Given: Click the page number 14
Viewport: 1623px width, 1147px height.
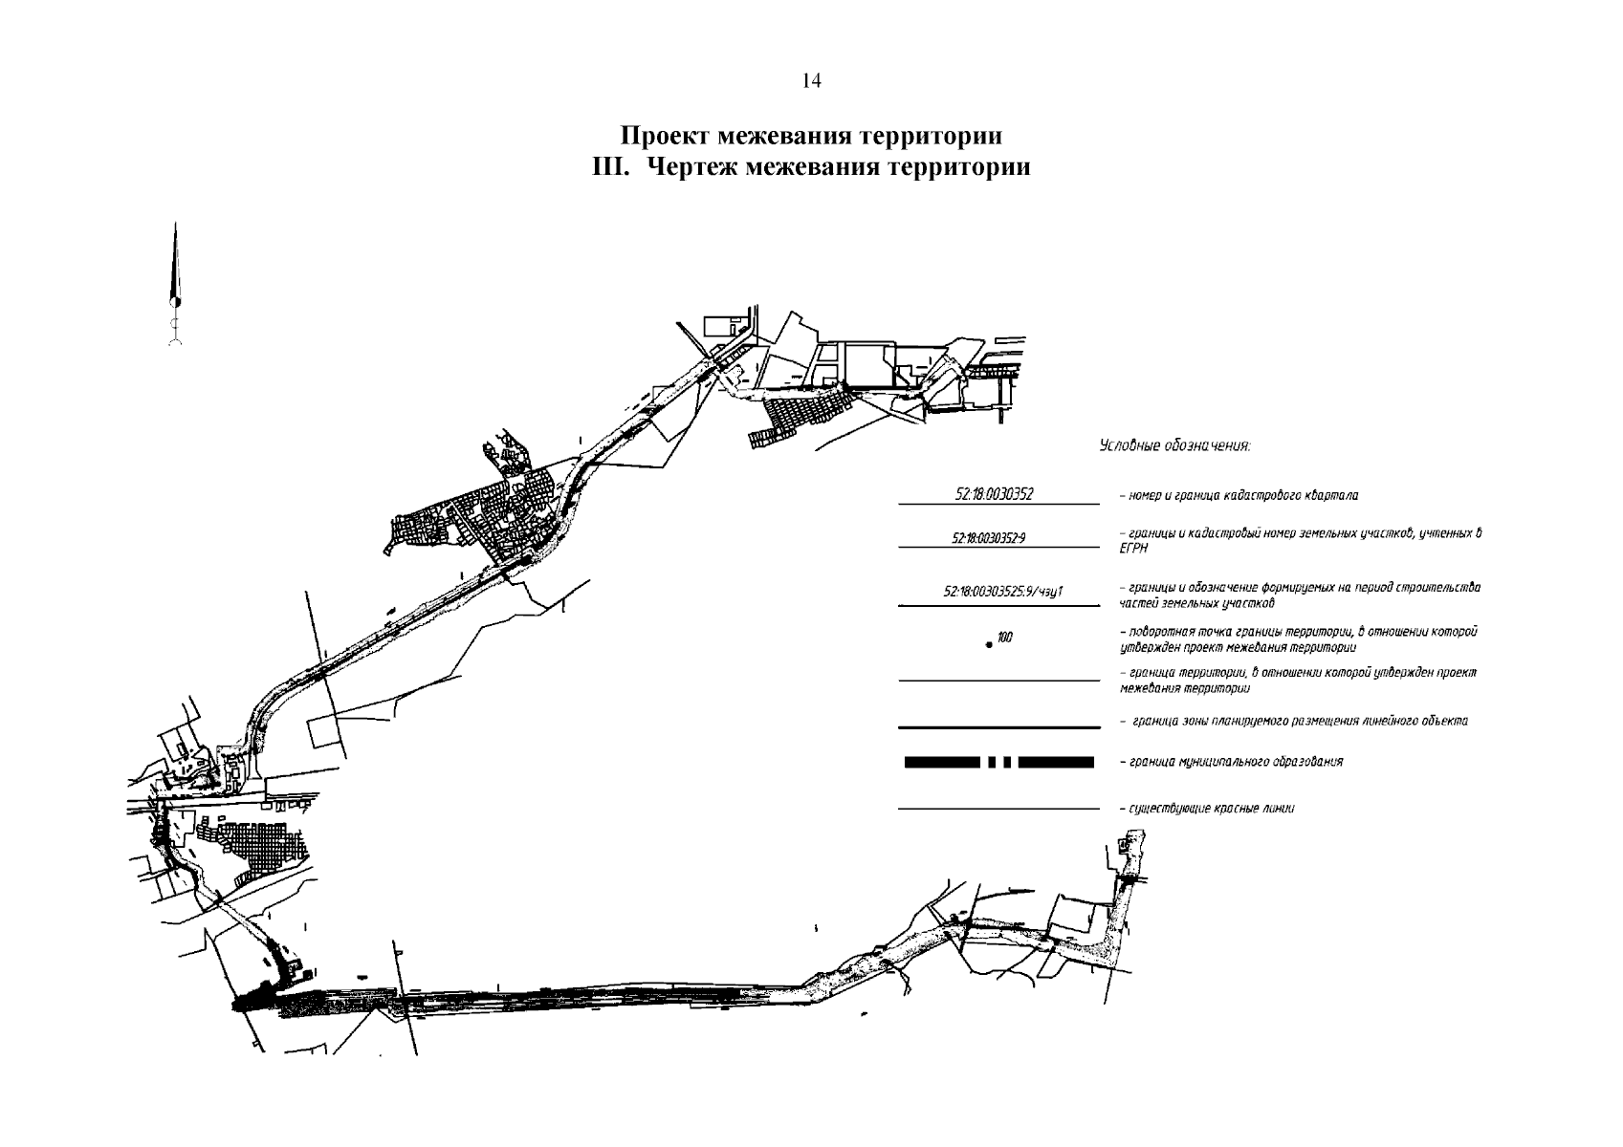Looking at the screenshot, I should click(811, 81).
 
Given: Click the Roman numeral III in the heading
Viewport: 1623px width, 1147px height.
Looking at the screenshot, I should click(610, 168).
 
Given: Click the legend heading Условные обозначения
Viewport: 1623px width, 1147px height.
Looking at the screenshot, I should click(1174, 445).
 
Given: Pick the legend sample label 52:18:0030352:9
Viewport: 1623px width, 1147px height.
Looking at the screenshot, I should click(989, 539).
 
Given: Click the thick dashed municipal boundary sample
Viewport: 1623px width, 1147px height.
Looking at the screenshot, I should click(998, 762).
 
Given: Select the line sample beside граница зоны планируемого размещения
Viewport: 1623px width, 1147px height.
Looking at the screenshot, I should click(998, 725).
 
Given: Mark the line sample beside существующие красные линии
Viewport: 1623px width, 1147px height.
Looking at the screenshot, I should click(998, 810).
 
